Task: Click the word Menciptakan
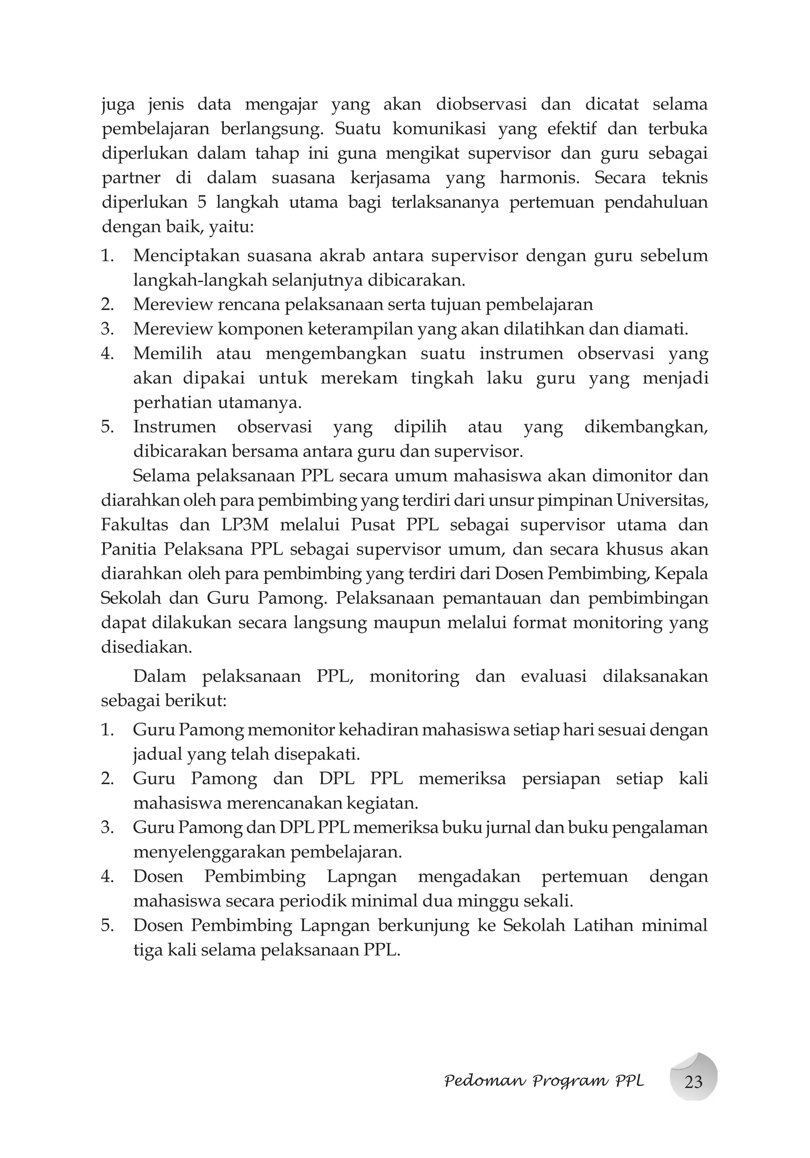[185, 256]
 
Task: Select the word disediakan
[146, 647]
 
